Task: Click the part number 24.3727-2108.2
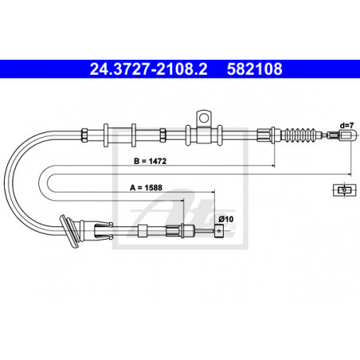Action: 148,69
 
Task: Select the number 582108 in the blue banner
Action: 254,69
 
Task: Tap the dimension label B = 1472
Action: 150,161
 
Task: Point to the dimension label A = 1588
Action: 146,188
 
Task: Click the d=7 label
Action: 347,125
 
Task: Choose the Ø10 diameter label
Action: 226,219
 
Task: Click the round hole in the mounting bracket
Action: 204,118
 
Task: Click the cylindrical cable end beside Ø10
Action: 219,231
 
